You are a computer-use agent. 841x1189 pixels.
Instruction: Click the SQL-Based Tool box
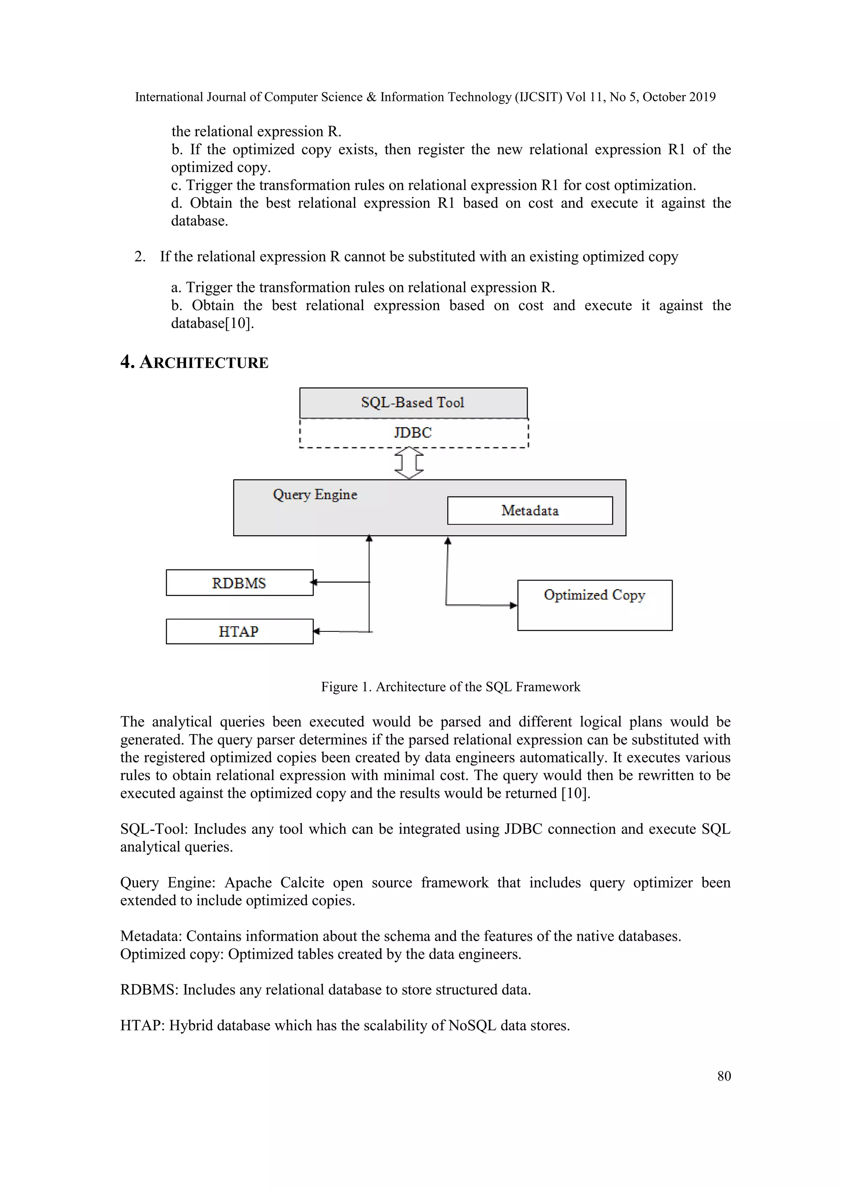(x=413, y=403)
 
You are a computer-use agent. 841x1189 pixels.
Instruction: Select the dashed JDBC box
(x=413, y=433)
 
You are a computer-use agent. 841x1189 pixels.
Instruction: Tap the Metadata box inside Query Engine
(x=530, y=511)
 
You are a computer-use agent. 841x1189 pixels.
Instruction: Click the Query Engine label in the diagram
(x=315, y=495)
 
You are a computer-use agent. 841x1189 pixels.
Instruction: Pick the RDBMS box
(x=239, y=583)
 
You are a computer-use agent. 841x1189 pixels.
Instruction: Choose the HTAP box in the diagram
(x=239, y=632)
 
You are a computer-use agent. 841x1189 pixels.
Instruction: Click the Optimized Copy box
(x=595, y=605)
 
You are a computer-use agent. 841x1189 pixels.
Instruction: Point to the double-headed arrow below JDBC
(x=409, y=464)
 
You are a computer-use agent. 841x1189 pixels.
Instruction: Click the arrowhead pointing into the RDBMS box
(x=313, y=583)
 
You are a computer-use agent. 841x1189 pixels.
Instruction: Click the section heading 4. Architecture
(x=194, y=363)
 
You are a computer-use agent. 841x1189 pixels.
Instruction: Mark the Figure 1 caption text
(x=450, y=687)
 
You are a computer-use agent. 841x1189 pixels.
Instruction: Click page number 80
(x=724, y=1076)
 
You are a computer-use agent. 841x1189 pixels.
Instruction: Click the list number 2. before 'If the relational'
(x=140, y=257)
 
